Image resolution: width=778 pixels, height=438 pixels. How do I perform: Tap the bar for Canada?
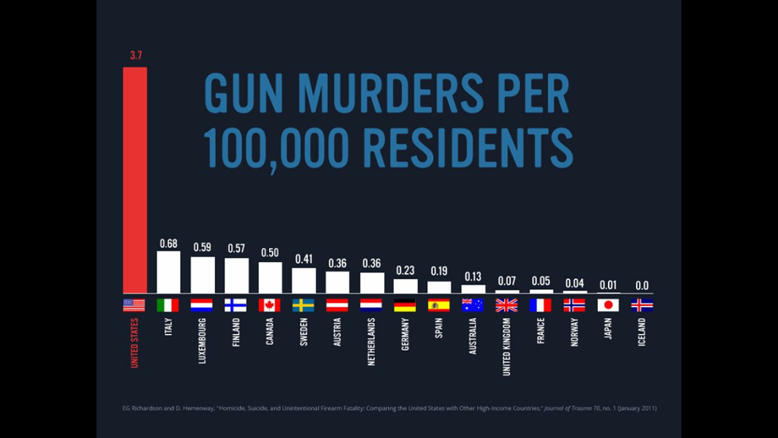tap(270, 278)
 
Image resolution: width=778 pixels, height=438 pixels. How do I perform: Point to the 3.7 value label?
tap(136, 56)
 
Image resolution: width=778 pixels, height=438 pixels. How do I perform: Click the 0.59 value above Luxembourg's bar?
tap(202, 247)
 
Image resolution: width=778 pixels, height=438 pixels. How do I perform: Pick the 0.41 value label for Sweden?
tap(304, 259)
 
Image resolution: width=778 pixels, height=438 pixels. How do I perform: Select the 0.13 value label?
tap(473, 276)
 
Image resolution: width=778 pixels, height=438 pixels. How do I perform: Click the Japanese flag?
tap(608, 305)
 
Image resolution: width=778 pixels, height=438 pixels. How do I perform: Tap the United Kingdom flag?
tap(506, 305)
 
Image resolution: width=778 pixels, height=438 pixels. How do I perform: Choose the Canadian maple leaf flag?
tap(270, 305)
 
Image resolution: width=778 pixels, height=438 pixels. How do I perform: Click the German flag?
tap(405, 305)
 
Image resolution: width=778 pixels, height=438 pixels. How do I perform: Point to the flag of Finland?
tap(236, 305)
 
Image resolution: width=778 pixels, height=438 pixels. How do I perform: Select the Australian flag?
tap(473, 305)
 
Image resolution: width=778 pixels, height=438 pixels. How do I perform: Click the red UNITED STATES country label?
tap(134, 343)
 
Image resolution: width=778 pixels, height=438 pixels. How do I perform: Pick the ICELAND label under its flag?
tap(641, 332)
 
